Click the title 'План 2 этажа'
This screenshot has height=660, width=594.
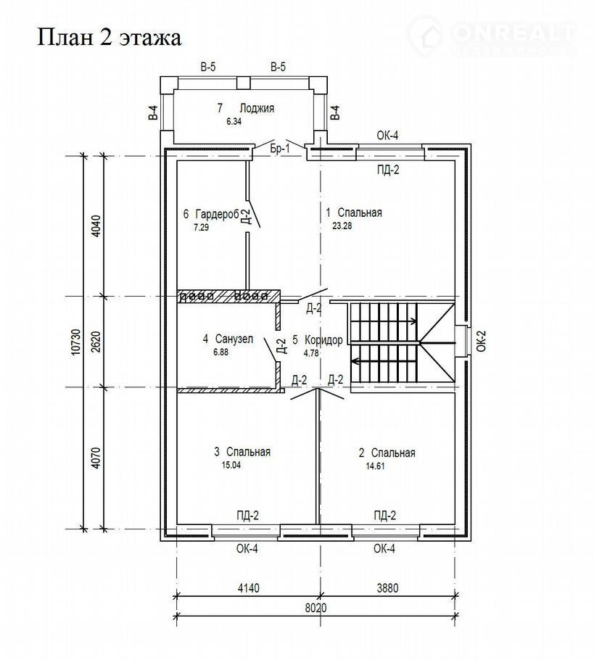[110, 38]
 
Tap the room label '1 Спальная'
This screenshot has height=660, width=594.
[354, 213]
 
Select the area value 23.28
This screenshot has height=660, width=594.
[342, 226]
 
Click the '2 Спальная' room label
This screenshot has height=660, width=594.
[387, 453]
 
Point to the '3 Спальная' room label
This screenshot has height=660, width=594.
[242, 452]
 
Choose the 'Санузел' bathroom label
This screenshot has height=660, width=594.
[234, 339]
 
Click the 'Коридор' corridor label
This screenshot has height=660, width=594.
[323, 339]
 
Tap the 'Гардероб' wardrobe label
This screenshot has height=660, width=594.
[218, 214]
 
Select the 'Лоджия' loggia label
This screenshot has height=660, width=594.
[257, 108]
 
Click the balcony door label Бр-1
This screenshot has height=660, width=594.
[279, 149]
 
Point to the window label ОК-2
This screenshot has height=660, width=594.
[482, 341]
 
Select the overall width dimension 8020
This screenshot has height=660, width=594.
[316, 608]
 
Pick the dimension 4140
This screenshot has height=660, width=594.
[248, 587]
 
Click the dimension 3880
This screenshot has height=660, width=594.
[387, 587]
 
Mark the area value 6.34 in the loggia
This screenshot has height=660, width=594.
[234, 122]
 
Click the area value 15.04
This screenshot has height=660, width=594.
[231, 465]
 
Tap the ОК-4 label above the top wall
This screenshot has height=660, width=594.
[387, 136]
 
